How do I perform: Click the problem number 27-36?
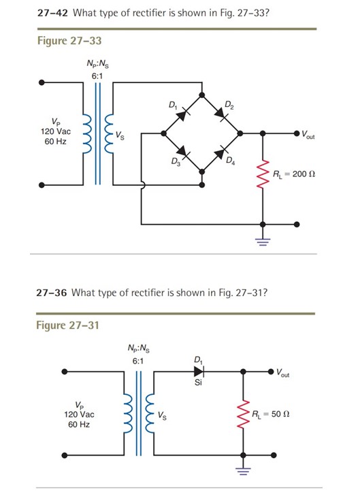[x=52, y=293]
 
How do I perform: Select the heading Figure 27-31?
[x=67, y=325]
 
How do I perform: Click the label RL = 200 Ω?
[x=295, y=174]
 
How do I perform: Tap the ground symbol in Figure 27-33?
[x=263, y=239]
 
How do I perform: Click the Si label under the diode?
[x=198, y=383]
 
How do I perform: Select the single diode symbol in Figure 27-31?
[x=198, y=372]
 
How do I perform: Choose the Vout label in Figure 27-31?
[x=287, y=372]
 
